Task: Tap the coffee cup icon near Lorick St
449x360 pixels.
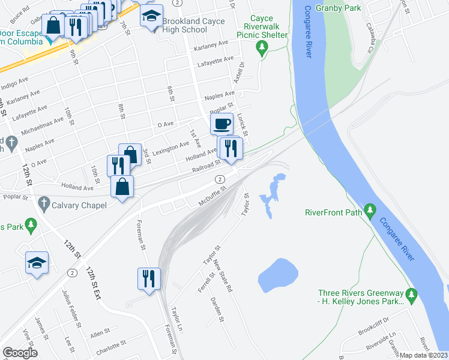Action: click(221, 124)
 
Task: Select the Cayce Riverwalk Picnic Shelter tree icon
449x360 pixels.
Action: click(261, 46)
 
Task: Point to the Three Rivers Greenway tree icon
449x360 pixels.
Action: click(411, 294)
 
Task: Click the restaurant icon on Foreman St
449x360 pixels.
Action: click(149, 278)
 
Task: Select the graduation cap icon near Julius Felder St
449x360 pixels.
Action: click(37, 262)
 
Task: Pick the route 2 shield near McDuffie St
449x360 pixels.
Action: click(220, 179)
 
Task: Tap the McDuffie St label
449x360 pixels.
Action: click(213, 196)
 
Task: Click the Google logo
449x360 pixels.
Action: click(20, 353)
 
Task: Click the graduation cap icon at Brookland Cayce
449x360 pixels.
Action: click(152, 16)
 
